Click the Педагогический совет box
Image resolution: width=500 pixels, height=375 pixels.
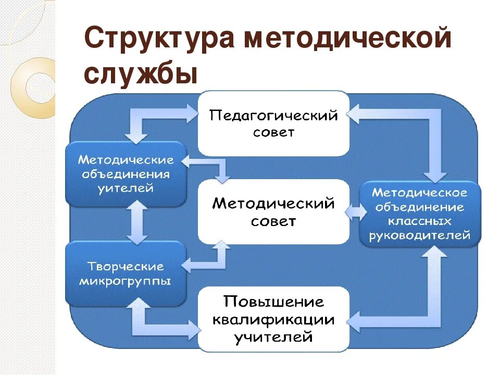tap(273, 123)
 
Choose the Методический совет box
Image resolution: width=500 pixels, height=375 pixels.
tap(273, 211)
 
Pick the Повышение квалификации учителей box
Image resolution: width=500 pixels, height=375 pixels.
tap(273, 318)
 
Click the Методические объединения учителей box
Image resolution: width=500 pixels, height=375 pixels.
tap(126, 173)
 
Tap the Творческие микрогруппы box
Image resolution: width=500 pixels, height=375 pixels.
tap(126, 273)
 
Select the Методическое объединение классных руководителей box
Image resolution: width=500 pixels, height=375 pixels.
tap(420, 214)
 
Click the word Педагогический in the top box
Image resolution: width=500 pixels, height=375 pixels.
tap(273, 115)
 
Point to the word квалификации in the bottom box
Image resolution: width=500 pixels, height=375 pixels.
tap(273, 319)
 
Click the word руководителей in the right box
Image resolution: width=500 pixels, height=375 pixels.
tap(420, 236)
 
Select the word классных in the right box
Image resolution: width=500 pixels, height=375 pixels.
tap(420, 221)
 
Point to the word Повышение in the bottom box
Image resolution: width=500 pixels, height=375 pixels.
tap(273, 302)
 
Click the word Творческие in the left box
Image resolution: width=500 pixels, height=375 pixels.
tap(126, 266)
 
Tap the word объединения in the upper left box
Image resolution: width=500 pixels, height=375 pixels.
tap(126, 173)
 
